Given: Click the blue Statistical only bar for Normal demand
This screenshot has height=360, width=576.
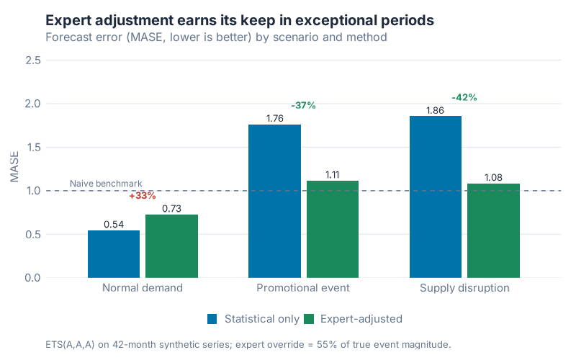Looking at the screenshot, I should coord(114,254).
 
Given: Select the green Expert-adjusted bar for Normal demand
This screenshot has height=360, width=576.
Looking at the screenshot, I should coord(171,246).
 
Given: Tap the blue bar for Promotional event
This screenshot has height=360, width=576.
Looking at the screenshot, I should coord(274,201).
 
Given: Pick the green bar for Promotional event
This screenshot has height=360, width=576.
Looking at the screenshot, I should coord(333,229).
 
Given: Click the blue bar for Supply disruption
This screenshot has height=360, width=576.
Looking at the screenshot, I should coord(436,197).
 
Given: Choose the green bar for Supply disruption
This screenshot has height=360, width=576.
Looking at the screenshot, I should coord(493,230).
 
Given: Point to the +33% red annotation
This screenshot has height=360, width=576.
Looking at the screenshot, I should coord(143,196).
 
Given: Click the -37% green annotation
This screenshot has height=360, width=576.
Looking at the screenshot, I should coord(303,106).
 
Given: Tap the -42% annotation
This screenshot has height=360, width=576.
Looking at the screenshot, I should coord(464,97).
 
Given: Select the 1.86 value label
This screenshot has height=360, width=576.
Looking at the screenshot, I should coord(436,109).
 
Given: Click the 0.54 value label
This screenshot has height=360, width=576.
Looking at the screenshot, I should coord(114,224).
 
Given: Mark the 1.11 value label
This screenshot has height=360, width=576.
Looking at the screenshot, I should coord(333,174).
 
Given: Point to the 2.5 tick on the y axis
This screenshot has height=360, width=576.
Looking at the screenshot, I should coord(32,60).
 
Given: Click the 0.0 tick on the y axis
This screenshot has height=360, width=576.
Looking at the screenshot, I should coord(32,278).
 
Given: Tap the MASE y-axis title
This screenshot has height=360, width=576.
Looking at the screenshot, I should coord(14,169).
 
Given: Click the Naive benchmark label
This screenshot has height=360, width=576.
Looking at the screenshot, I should coord(106,184).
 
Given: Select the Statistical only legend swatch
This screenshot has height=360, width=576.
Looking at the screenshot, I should coord(212,318).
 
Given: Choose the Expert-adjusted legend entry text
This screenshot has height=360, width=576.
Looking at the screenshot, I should coord(361,318).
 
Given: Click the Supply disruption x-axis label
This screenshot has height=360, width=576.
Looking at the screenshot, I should coord(464,288).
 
